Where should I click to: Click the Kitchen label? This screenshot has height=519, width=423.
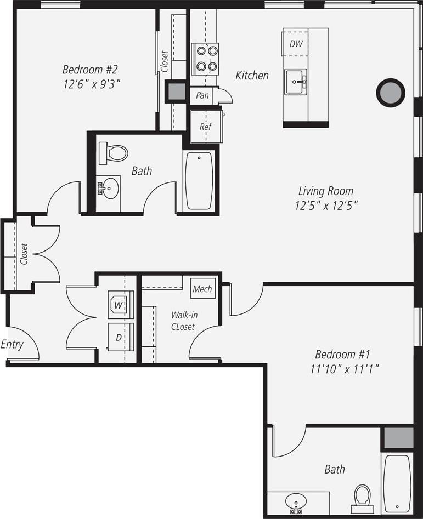[x=252, y=76]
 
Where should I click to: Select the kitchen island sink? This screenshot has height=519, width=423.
[x=296, y=82]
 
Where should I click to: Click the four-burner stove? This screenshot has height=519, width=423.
[x=205, y=59]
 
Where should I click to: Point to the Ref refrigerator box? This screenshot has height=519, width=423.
[x=205, y=126]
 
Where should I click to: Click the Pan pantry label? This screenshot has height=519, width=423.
[x=202, y=95]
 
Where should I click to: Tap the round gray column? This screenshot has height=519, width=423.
[x=390, y=93]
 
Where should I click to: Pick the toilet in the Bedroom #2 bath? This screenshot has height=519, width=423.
[x=114, y=152]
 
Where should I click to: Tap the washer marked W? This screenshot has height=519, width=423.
[x=119, y=304]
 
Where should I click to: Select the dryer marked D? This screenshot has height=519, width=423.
[x=119, y=337]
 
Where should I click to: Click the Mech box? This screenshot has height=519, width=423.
[x=202, y=289]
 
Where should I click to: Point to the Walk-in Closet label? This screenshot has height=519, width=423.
[x=183, y=321]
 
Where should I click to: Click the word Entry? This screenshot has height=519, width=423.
[x=12, y=345]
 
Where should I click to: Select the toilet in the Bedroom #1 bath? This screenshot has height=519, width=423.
[x=362, y=497]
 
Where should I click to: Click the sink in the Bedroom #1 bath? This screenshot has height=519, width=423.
[x=296, y=502]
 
